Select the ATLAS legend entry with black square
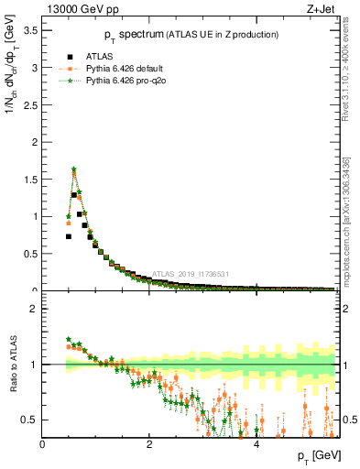coord(70,57)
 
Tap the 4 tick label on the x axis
coord(256,444)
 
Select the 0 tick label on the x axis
coord(43,444)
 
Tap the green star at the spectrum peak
coord(73,169)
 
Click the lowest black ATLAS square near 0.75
coord(69,236)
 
